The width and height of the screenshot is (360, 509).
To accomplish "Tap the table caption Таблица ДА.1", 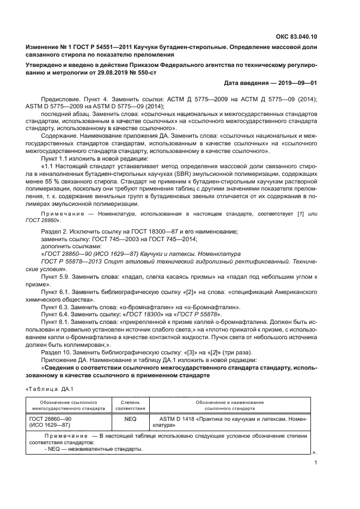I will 46,388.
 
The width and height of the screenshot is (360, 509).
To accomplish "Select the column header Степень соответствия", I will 130,404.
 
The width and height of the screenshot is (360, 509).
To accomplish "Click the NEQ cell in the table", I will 130,419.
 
